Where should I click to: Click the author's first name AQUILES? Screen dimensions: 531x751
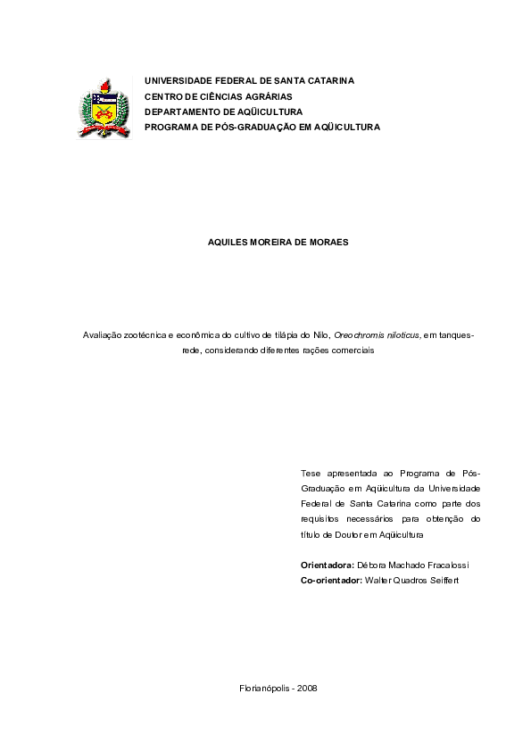pyautogui.click(x=226, y=242)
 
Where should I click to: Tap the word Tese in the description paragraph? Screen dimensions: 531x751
pyautogui.click(x=312, y=473)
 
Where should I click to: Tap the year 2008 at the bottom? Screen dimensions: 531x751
pyautogui.click(x=307, y=688)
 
